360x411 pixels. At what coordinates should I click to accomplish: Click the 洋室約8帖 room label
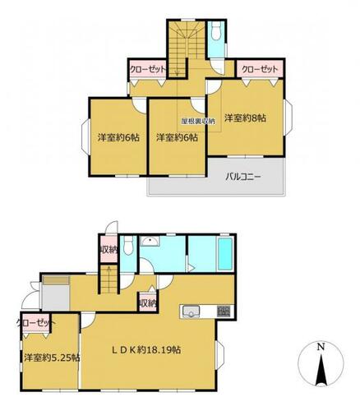pos(245,118)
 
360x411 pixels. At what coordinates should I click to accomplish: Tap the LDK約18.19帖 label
pos(147,350)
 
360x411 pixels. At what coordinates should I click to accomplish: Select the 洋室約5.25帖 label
pos(52,358)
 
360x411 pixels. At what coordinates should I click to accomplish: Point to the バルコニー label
pos(243,177)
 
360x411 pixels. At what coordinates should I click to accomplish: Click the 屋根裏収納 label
pos(198,121)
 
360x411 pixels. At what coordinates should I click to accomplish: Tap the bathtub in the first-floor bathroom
pos(225,254)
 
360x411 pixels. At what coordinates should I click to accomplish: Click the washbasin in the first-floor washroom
pos(150,242)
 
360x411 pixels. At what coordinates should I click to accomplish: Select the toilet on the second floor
pos(217,30)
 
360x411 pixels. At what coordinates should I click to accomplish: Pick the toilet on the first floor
pos(128,246)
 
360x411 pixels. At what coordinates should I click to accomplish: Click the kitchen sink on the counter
pos(192,312)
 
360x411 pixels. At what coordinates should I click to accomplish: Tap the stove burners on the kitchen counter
pos(224,311)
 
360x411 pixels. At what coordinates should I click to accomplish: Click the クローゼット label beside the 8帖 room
pos(260,70)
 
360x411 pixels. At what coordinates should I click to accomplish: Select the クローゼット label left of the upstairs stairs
pos(148,69)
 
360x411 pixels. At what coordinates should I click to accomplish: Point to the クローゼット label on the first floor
pos(36,322)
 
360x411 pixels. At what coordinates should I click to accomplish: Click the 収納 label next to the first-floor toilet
pos(108,250)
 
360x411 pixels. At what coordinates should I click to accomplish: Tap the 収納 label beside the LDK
pos(148,303)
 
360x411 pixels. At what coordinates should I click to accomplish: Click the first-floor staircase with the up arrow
pos(109,279)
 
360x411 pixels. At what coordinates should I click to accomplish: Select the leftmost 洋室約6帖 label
pos(119,137)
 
